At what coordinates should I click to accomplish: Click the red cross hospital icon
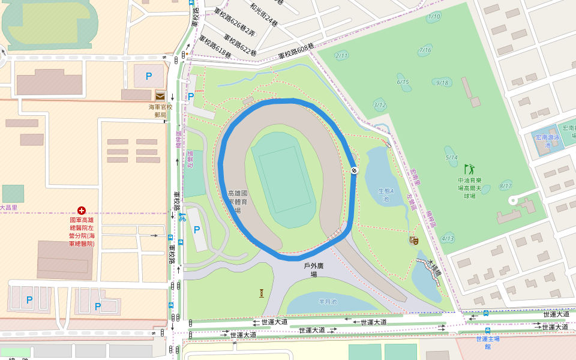pos(82,211)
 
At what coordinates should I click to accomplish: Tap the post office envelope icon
pos(160,95)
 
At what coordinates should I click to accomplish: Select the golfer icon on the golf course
pos(469,169)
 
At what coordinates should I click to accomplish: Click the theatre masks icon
pos(413,241)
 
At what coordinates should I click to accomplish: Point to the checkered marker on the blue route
pos(355,170)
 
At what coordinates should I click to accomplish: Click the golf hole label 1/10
pos(434,16)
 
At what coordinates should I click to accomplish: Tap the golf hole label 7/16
pos(425,49)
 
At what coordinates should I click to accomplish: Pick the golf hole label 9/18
pos(443,82)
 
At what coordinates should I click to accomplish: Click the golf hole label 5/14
pos(451,157)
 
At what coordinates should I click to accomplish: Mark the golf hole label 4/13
pos(448,238)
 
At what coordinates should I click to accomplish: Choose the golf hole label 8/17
pos(506,186)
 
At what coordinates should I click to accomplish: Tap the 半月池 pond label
pos(328,301)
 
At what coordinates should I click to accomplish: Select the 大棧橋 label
pos(434,268)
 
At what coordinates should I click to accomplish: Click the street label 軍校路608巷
pos(296,53)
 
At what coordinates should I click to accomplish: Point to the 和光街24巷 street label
pos(264,17)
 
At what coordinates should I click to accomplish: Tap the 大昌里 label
pos(8,208)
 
